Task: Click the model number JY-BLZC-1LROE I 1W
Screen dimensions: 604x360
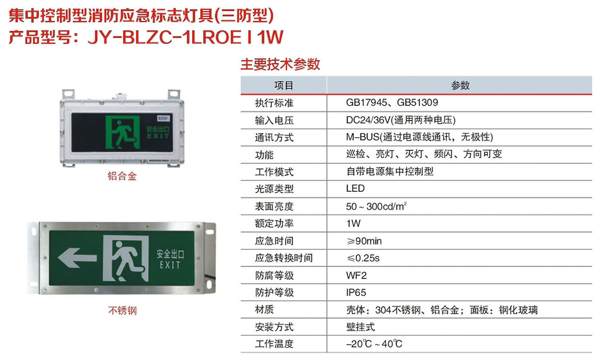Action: [x=185, y=38]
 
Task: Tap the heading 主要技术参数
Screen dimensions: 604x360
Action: [x=280, y=65]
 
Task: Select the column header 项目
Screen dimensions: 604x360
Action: [x=283, y=85]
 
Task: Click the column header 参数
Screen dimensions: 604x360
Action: [x=460, y=85]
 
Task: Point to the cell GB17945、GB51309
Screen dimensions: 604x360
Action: [x=392, y=103]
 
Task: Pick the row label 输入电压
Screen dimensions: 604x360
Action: [x=274, y=120]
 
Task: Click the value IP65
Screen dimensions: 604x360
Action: [x=356, y=293]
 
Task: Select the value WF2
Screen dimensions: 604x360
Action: [x=356, y=275]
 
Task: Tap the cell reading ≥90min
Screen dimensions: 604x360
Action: [x=364, y=241]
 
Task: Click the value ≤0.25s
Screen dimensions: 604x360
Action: [x=363, y=258]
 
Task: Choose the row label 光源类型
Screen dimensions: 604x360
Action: [x=274, y=189]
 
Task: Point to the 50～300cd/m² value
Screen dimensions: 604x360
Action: [x=376, y=206]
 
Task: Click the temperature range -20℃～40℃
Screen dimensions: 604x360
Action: [x=374, y=344]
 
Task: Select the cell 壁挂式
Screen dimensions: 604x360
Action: [x=361, y=327]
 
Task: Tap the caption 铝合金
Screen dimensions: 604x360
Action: [x=122, y=176]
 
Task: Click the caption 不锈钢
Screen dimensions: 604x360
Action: [x=122, y=310]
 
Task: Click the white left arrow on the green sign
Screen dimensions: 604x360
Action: [x=77, y=258]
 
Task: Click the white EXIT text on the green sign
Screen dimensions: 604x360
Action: [x=170, y=265]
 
